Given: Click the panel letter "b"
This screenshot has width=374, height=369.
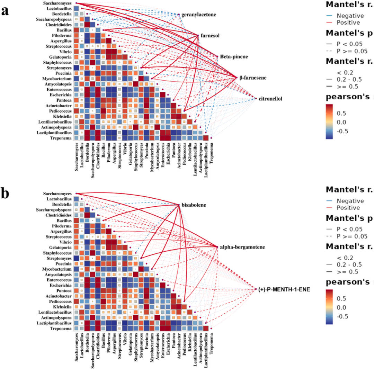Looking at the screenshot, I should point(5,194).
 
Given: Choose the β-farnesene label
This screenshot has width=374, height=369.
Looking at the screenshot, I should point(253,78).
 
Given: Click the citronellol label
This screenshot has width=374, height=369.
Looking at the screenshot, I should point(270,99).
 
